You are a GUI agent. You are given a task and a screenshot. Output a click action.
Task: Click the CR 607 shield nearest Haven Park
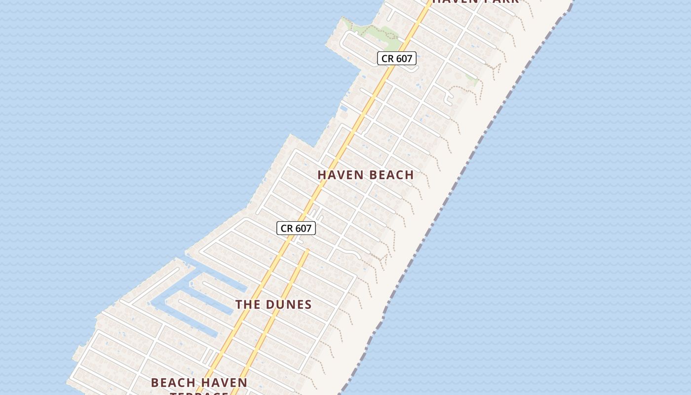coord(397,58)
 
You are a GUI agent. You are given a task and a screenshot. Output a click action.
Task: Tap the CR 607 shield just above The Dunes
coord(296,228)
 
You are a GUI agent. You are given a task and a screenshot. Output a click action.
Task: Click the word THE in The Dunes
coord(248,304)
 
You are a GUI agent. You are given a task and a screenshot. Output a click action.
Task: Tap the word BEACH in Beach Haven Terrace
coord(172,383)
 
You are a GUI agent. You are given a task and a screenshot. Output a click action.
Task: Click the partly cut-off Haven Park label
coord(475,1)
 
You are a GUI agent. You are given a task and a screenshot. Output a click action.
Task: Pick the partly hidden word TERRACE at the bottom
coord(199,393)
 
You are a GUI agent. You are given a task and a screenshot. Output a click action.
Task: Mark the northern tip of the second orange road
coord(307,250)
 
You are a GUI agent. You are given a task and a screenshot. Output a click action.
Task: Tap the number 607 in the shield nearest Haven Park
coord(404,58)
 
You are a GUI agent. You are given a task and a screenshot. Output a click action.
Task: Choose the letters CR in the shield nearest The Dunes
coord(287,228)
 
